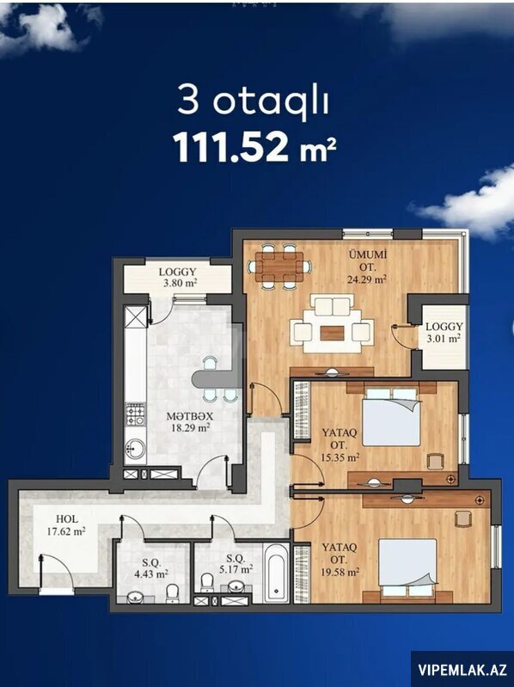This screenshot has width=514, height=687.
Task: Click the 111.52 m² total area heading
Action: pos(254,147)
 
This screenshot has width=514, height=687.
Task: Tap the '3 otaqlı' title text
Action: pos(253,101)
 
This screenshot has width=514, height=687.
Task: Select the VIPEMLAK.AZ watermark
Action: pos(462,670)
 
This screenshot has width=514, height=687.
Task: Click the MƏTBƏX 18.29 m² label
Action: pos(190,421)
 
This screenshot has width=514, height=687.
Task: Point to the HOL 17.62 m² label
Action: pos(66,524)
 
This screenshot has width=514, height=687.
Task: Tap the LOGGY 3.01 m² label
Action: pos(444,332)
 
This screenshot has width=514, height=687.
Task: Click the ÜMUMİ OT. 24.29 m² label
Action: pos(367,267)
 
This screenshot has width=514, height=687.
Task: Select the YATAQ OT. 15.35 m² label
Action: pos(340,445)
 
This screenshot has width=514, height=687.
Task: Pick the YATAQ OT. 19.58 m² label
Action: pos(340,560)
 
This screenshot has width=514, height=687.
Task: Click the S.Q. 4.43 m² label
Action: pos(151,567)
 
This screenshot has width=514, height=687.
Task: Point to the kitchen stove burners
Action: pos(135,414)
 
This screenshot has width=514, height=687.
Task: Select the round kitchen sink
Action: pos(135,448)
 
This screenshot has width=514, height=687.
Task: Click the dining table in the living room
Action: pos(279,267)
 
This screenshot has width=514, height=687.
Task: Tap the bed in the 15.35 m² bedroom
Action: pos(392,417)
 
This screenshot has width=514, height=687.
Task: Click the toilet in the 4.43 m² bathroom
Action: pos(173,592)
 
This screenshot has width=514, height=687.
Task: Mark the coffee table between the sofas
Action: pos(332,334)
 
